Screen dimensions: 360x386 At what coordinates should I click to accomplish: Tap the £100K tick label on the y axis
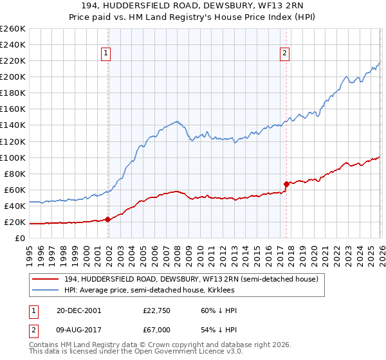point(12,157)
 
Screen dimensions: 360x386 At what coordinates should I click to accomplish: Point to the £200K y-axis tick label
point(12,76)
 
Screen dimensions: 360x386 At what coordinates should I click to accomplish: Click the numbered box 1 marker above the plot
point(106,54)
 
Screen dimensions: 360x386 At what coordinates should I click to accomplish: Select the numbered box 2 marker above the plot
point(284,54)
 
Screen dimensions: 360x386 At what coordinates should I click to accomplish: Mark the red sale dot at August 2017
point(286,184)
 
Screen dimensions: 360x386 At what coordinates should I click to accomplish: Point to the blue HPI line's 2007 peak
point(175,121)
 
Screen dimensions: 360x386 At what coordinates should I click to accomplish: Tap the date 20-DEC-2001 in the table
point(79,310)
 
